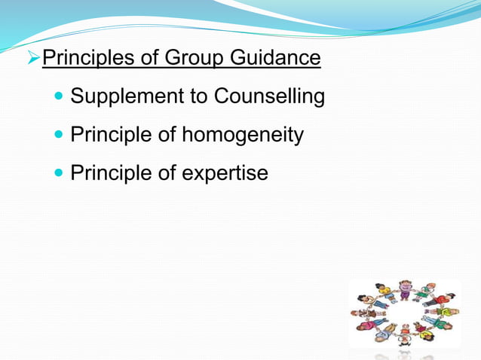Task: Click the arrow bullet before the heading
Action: pos(34,58)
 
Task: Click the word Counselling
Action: pos(269,97)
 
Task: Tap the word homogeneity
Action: pos(243,136)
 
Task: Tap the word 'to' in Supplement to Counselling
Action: pos(200,97)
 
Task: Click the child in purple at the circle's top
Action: pos(405,288)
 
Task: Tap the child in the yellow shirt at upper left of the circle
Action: pos(384,291)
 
